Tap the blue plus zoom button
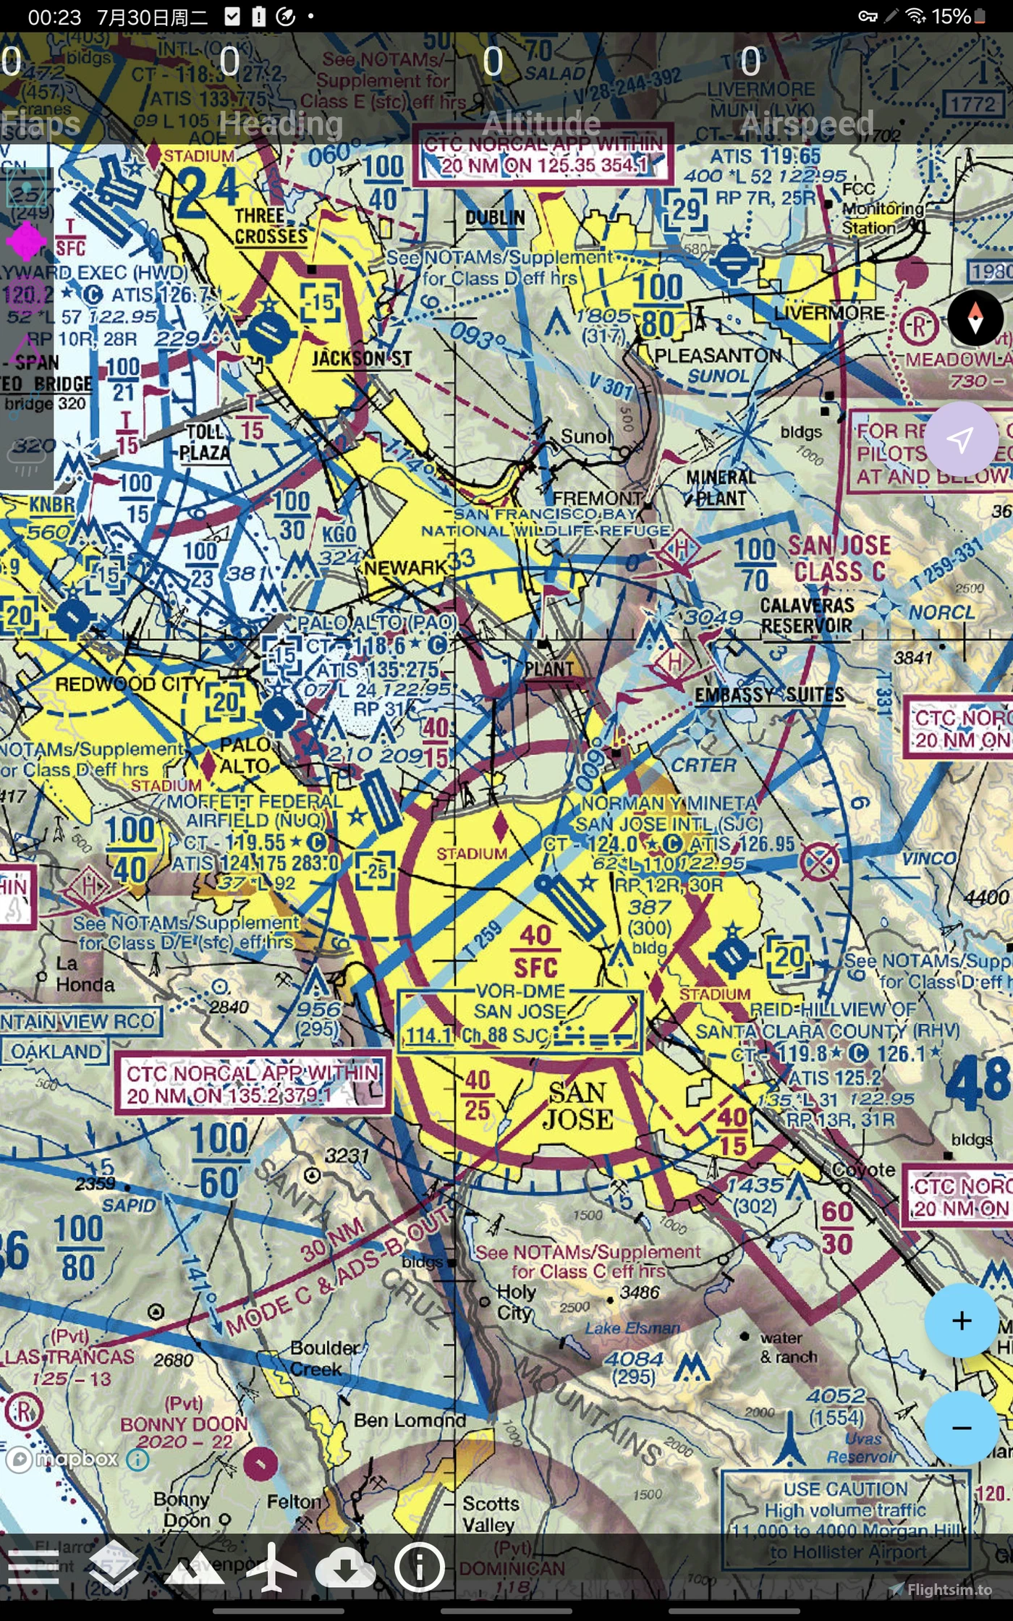(x=961, y=1321)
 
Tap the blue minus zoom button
(x=961, y=1428)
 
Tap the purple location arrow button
(x=960, y=439)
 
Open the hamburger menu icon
(x=33, y=1567)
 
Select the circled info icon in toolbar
(x=419, y=1567)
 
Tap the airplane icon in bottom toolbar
(x=271, y=1567)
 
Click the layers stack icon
(x=114, y=1567)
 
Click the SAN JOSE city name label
(x=578, y=1105)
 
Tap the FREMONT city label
(x=597, y=498)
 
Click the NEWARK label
(x=406, y=567)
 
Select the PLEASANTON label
(x=717, y=355)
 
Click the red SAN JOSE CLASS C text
(x=839, y=558)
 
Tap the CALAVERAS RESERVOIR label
(x=806, y=615)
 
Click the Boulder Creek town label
(x=324, y=1358)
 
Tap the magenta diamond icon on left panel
(x=26, y=241)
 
